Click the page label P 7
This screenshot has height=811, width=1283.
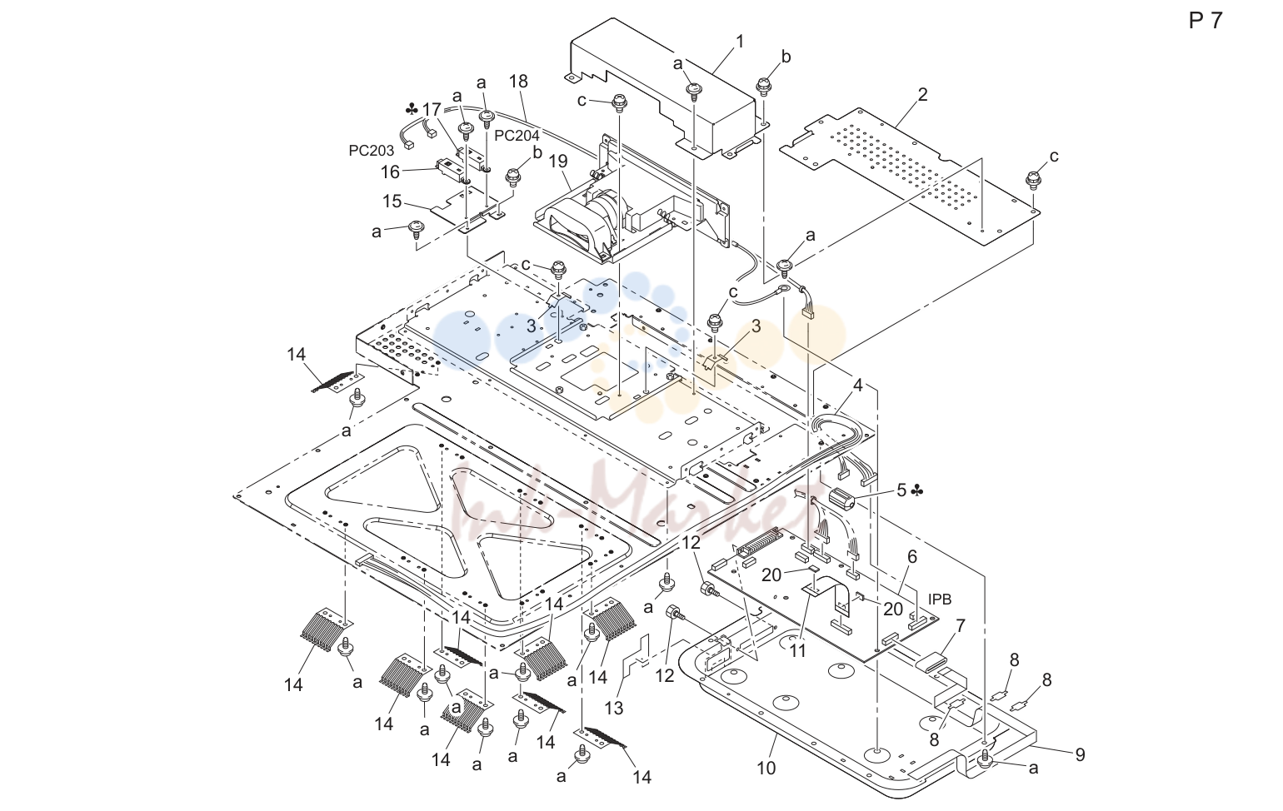pyautogui.click(x=1206, y=21)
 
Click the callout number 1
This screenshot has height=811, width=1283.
pyautogui.click(x=740, y=42)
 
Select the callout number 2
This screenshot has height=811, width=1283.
pyautogui.click(x=923, y=94)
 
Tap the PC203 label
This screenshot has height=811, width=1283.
pyautogui.click(x=372, y=151)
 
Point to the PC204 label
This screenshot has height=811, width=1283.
pyautogui.click(x=517, y=136)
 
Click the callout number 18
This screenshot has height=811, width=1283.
pyautogui.click(x=518, y=82)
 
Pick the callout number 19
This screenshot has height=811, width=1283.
pyautogui.click(x=558, y=161)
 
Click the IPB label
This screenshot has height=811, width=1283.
pyautogui.click(x=940, y=600)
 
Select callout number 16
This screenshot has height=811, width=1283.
pyautogui.click(x=390, y=172)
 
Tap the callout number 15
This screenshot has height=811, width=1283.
pyautogui.click(x=392, y=202)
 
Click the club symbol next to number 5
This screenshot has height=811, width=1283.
pyautogui.click(x=916, y=490)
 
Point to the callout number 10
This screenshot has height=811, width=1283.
pyautogui.click(x=766, y=768)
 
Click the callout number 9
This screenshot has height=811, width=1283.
pyautogui.click(x=1081, y=755)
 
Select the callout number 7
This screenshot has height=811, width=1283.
pyautogui.click(x=961, y=625)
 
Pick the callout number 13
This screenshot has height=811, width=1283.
pyautogui.click(x=613, y=708)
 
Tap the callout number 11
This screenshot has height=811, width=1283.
pyautogui.click(x=798, y=651)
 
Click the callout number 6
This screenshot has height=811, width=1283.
pyautogui.click(x=912, y=556)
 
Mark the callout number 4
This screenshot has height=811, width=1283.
pyautogui.click(x=858, y=386)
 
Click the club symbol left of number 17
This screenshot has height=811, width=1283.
pyautogui.click(x=412, y=109)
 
